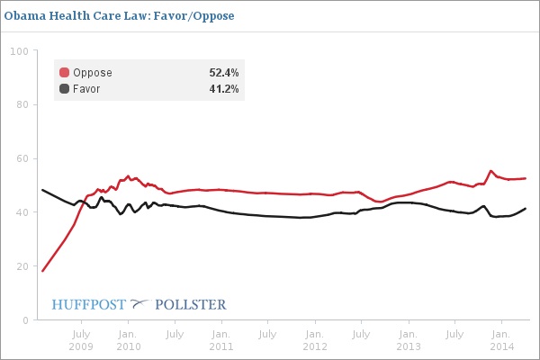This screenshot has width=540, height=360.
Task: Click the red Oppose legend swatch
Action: [x=64, y=73]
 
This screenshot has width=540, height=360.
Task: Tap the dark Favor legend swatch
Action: [x=64, y=89]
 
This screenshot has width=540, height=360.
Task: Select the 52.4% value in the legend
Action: [x=223, y=73]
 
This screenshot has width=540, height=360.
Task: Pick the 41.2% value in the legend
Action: [x=223, y=89]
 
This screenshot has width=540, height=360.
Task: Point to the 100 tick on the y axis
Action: [x=17, y=51]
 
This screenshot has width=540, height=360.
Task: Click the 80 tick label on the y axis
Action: [x=20, y=104]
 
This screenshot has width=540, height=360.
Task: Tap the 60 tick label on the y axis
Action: [x=20, y=158]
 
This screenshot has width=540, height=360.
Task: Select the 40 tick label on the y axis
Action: [x=20, y=212]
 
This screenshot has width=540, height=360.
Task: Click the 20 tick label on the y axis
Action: [x=20, y=266]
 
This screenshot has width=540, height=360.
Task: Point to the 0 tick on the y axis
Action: [x=22, y=319]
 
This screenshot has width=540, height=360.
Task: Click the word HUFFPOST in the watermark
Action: [x=89, y=304]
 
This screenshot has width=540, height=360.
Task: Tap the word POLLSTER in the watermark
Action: [x=190, y=304]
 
